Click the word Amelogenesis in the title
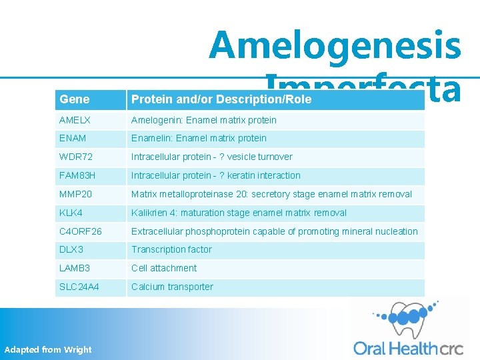tap(335, 45)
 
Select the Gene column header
tap(74, 99)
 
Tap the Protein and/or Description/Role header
tap(221, 100)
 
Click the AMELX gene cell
tap(75, 120)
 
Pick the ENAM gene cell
tap(73, 138)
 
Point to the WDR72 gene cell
tap(75, 157)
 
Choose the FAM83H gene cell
tap(77, 175)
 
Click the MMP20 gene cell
tap(75, 194)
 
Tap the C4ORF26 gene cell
tap(81, 231)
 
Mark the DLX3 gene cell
tap(71, 249)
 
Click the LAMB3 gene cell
tap(75, 268)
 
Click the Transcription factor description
tap(171, 249)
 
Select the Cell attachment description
tap(164, 268)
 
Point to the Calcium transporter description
tap(172, 287)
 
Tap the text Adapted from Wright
tap(48, 349)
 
